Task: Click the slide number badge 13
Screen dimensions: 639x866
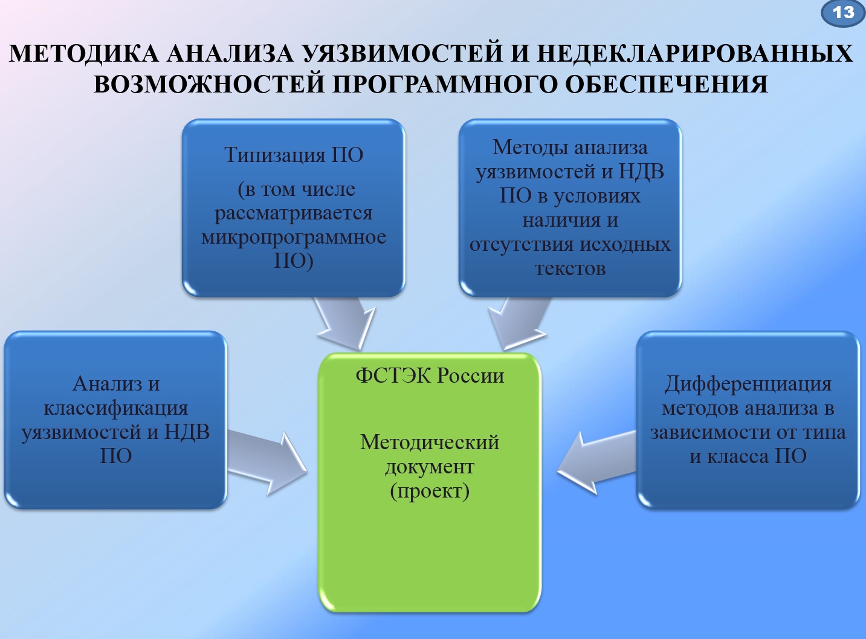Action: pos(843,13)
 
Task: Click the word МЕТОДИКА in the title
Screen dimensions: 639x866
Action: pos(84,54)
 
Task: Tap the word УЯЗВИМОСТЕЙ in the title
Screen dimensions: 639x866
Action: pos(402,54)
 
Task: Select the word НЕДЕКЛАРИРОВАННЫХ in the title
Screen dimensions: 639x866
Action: pos(695,54)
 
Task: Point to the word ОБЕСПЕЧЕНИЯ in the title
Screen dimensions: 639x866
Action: pos(667,84)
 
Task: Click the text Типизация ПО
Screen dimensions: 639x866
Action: pos(294,155)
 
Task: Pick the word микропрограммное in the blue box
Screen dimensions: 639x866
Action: pos(294,237)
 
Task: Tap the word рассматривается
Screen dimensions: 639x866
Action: pos(294,213)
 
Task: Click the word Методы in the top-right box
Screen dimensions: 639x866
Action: pos(530,147)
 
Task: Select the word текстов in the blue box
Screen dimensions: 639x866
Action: pos(570,268)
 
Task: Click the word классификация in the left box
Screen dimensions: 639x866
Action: pos(116,408)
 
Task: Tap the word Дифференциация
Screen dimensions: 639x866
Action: pos(748,384)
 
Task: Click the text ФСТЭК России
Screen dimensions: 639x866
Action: pos(430,375)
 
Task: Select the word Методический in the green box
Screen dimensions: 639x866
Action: pos(430,442)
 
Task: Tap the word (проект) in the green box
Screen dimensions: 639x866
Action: pos(430,490)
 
